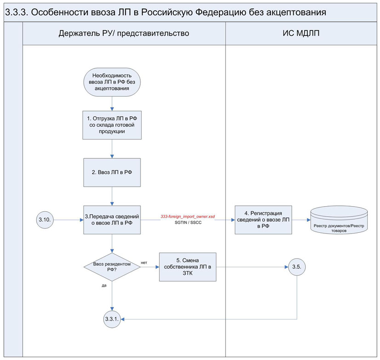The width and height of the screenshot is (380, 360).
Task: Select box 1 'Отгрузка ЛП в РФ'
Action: [x=113, y=124]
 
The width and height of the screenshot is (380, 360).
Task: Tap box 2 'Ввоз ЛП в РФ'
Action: [x=113, y=172]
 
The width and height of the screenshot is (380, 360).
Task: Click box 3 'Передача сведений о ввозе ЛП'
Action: [x=113, y=220]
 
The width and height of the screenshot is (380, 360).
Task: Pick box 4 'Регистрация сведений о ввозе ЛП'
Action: [x=263, y=220]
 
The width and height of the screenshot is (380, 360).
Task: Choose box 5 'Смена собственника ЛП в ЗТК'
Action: [x=187, y=267]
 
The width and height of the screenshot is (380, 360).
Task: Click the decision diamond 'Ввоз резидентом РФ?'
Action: [x=112, y=267]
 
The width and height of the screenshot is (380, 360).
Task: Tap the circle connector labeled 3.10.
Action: [x=45, y=220]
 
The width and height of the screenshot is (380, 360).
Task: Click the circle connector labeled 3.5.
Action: [x=296, y=266]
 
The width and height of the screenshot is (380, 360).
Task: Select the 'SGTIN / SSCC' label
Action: [x=188, y=223]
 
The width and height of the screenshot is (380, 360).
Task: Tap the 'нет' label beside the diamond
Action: [x=144, y=263]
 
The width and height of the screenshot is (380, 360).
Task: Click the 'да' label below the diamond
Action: [x=103, y=285]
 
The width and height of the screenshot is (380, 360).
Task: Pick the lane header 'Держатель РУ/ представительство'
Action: [x=124, y=34]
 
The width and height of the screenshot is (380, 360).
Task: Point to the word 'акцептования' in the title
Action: [x=297, y=12]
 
